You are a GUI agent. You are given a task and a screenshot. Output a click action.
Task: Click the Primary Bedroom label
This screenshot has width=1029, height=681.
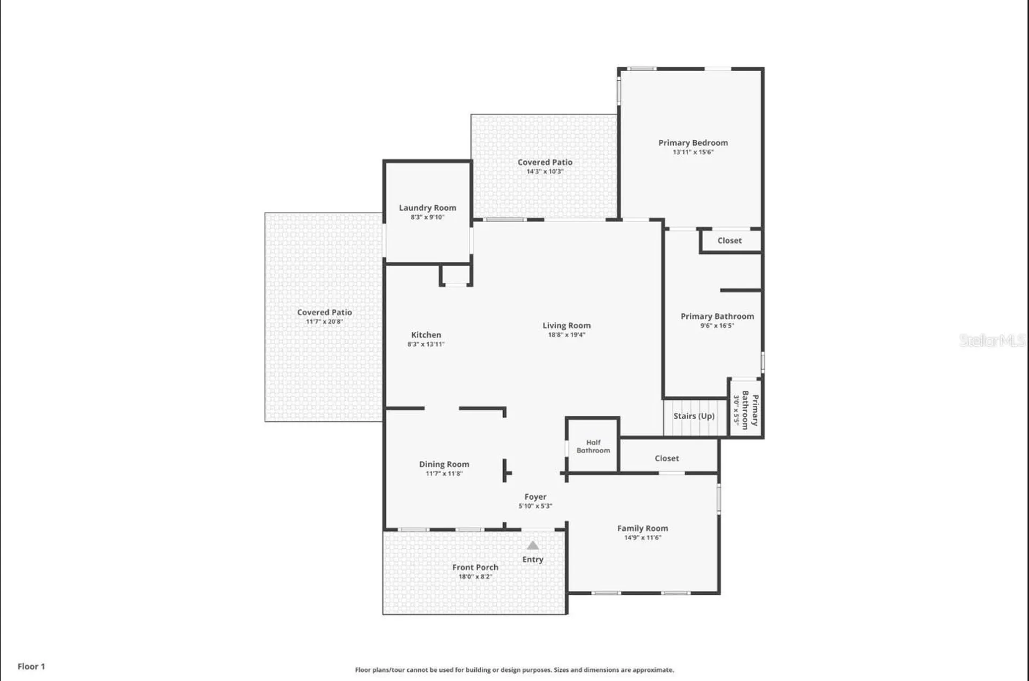693,143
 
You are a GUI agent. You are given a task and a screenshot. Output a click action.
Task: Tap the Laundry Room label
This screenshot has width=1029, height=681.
428,208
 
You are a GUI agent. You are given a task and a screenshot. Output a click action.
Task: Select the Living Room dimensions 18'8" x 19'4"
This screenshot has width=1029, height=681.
566,335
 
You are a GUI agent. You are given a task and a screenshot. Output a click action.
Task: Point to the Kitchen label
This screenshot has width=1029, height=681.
426,335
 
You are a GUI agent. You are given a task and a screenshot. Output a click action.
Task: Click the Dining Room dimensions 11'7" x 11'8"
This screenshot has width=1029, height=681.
444,474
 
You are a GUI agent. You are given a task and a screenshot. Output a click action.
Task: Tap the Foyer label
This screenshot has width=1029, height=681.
535,497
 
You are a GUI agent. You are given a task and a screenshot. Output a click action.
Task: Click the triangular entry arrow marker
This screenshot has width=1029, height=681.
533,546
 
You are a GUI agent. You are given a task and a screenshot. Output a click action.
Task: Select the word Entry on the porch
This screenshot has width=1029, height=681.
533,559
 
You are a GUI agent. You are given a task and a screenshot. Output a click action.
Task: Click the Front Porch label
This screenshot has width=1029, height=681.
475,567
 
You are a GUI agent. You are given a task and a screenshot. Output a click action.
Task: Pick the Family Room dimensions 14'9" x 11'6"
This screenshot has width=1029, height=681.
643,538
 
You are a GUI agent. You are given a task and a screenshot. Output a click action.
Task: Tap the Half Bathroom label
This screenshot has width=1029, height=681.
593,447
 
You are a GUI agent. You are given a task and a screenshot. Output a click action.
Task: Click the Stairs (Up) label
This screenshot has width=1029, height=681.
694,416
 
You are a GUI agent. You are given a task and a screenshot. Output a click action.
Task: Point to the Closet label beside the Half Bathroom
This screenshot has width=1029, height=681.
667,458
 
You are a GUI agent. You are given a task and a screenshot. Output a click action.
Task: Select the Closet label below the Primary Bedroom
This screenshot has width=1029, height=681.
729,241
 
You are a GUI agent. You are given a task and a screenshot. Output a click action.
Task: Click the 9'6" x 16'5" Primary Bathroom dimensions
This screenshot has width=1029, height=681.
717,326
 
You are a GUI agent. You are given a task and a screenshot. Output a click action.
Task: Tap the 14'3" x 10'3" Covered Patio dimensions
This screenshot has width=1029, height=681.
545,172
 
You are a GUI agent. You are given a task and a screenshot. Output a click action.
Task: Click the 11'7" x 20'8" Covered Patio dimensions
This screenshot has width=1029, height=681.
324,322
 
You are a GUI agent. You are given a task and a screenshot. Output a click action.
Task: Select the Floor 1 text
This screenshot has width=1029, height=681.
31,667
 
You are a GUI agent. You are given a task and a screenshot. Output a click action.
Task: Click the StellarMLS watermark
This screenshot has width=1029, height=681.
992,340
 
